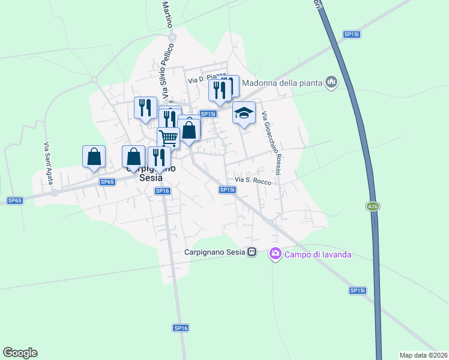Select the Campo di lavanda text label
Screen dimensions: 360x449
[318, 254]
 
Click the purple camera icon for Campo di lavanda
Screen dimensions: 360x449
[276, 254]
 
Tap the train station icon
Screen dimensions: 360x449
[253, 253]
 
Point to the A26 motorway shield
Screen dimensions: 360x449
[373, 206]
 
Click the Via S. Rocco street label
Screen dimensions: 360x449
[253, 180]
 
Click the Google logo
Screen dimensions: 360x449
[20, 353]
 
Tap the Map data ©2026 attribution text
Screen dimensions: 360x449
[423, 355]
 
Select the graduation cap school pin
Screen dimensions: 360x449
[244, 113]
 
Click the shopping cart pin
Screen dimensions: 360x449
[168, 138]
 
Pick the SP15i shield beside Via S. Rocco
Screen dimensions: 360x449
[227, 190]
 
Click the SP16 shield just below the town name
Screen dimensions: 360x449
[163, 191]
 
